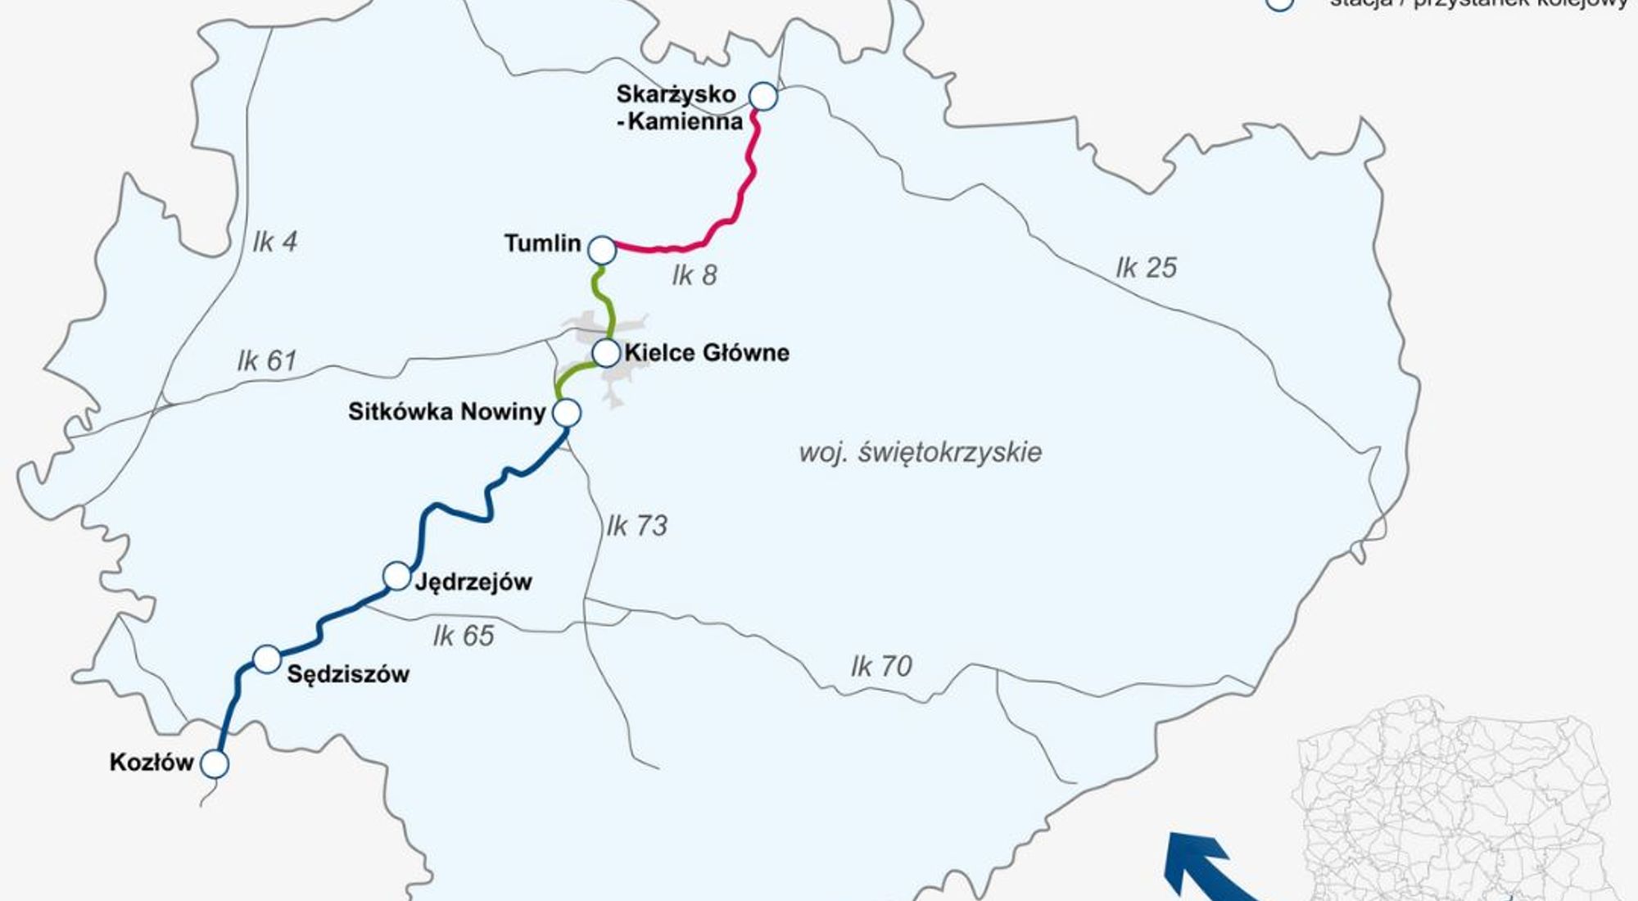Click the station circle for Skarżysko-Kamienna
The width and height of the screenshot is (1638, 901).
coord(763,97)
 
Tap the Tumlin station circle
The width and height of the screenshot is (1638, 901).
coord(602,250)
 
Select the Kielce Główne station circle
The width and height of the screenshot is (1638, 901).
coord(606,352)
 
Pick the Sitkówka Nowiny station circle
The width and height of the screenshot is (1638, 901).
coord(567,413)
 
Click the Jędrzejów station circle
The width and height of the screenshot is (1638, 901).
coord(396,576)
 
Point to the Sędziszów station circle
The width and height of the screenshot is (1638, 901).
coord(267,659)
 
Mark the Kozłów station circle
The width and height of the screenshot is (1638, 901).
coord(215,764)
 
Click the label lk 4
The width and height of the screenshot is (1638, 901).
coord(275,242)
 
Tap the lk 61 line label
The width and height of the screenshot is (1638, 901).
coord(266,360)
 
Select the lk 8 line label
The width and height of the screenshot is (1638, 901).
coord(695,276)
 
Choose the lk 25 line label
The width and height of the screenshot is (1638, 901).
coord(1146,268)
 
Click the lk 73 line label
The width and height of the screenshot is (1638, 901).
coord(637,526)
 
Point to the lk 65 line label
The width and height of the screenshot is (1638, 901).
coord(464,636)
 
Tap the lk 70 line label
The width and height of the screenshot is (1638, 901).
coord(881,666)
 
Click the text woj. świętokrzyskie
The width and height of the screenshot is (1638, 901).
coord(920,452)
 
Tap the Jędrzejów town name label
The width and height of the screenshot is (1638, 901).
coord(473,582)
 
